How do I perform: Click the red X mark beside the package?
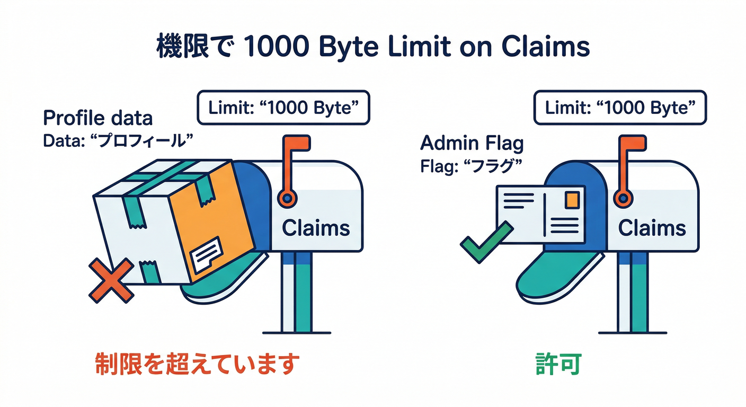click(x=110, y=280)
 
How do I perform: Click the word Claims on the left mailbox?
click(x=316, y=228)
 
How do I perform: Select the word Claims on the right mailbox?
click(x=652, y=228)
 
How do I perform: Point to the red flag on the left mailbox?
click(x=298, y=145)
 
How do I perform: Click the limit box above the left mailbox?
click(x=283, y=108)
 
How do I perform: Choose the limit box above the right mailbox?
click(x=619, y=108)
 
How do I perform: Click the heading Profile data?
click(x=97, y=118)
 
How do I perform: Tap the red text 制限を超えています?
click(x=197, y=365)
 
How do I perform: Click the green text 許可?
click(x=559, y=365)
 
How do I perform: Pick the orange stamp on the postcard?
click(x=572, y=200)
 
